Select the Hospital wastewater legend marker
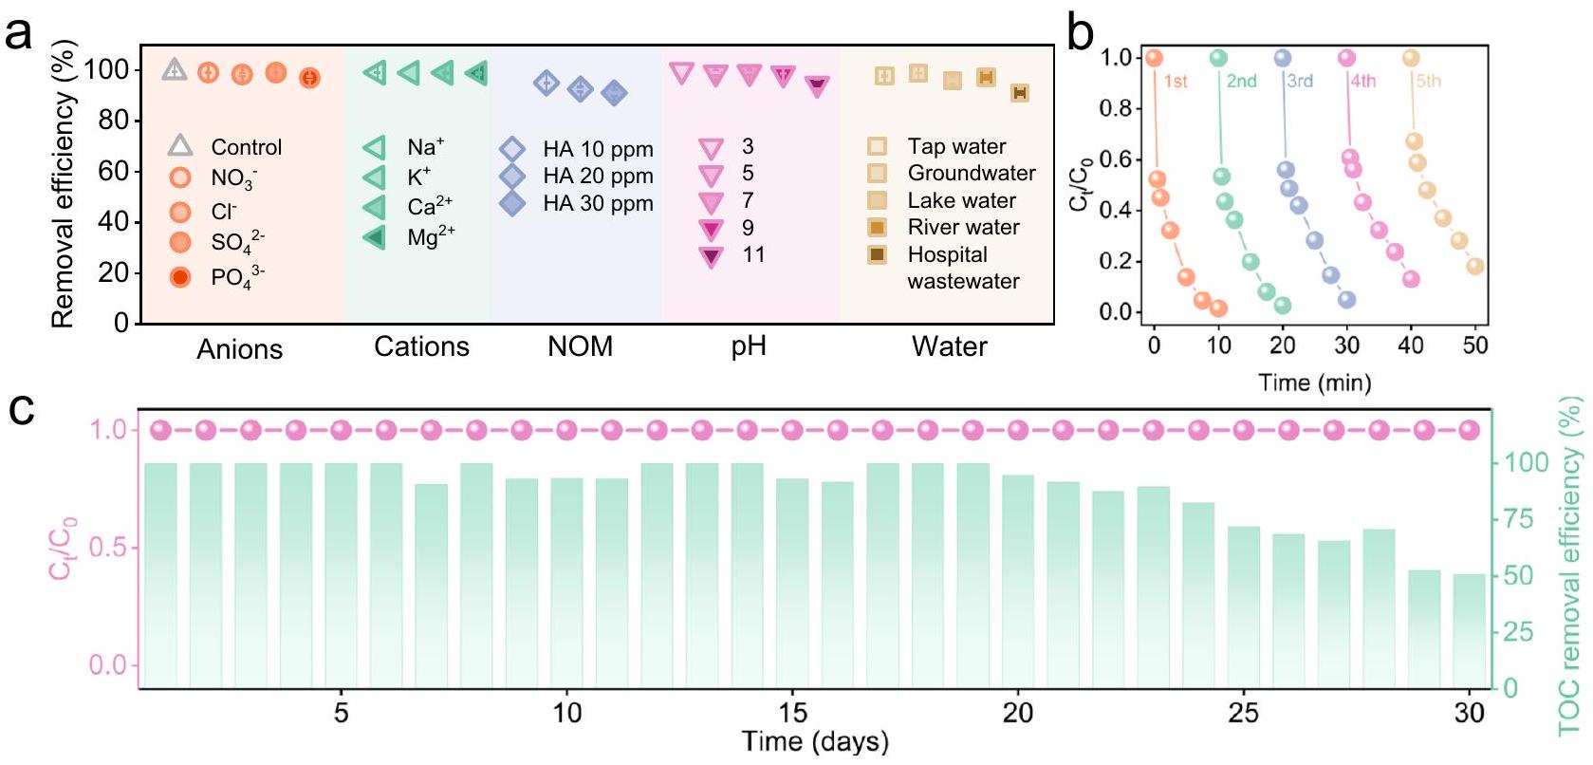878,254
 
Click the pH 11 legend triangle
711,255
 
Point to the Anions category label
239,349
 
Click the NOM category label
580,346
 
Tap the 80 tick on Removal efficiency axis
113,121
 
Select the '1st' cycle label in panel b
1176,82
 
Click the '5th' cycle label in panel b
1428,82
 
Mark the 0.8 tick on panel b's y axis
1116,108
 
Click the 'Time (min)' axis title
1314,382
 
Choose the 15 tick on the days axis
792,713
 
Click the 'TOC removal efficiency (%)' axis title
1571,567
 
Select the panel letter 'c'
21,410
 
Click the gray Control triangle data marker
174,69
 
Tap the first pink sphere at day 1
160,431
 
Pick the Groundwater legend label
971,173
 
